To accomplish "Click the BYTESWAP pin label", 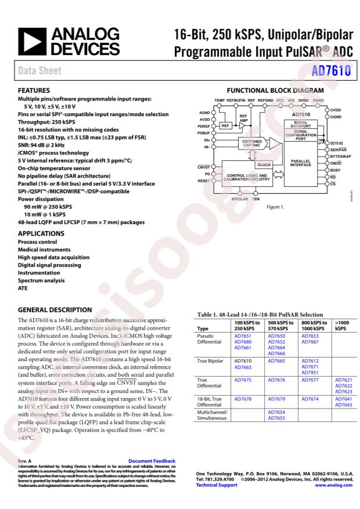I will pos(342,157).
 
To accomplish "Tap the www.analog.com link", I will pos(333,485).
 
